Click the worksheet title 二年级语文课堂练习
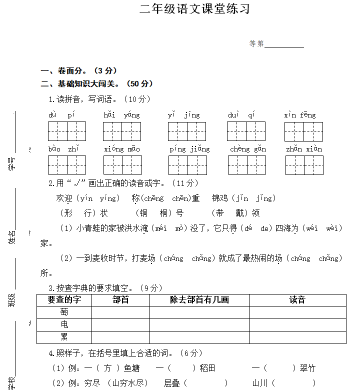point(194,9)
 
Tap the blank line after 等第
point(284,45)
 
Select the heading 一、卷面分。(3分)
point(79,71)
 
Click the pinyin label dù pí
point(62,115)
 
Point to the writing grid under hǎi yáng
point(122,131)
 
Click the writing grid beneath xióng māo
point(122,164)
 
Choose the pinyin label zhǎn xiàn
point(304,149)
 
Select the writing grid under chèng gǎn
point(246,164)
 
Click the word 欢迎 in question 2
point(65,198)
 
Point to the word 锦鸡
point(220,198)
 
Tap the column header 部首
point(120,300)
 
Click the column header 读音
point(297,300)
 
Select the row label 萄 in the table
point(64,312)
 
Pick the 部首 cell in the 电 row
point(120,325)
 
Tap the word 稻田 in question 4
point(207,368)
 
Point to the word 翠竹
point(307,368)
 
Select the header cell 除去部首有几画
point(199,300)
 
